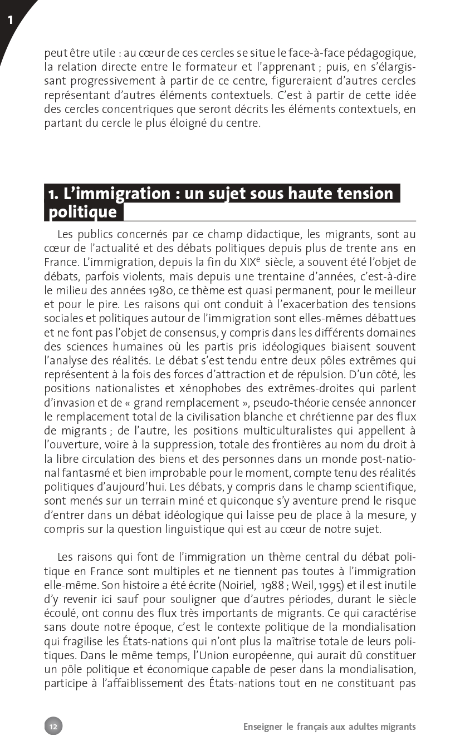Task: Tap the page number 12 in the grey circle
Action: pyautogui.click(x=53, y=726)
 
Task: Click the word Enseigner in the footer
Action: pyautogui.click(x=262, y=727)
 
